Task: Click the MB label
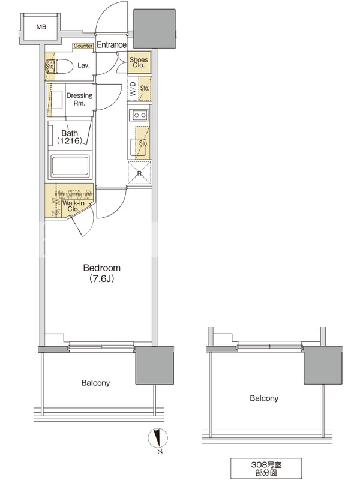click(x=41, y=27)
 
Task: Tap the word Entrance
click(x=112, y=44)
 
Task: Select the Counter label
click(x=83, y=46)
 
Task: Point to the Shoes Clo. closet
click(x=139, y=62)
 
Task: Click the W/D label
click(x=133, y=89)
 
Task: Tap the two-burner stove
click(x=140, y=115)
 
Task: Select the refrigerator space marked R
click(x=140, y=173)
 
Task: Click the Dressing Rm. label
click(x=79, y=99)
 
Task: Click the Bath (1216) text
click(x=70, y=137)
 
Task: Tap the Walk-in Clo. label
click(x=73, y=206)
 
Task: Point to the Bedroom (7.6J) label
click(x=101, y=273)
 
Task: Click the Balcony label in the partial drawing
click(x=264, y=398)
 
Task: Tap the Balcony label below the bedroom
click(x=95, y=383)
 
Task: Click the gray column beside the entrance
click(x=155, y=29)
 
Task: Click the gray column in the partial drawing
click(x=323, y=365)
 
